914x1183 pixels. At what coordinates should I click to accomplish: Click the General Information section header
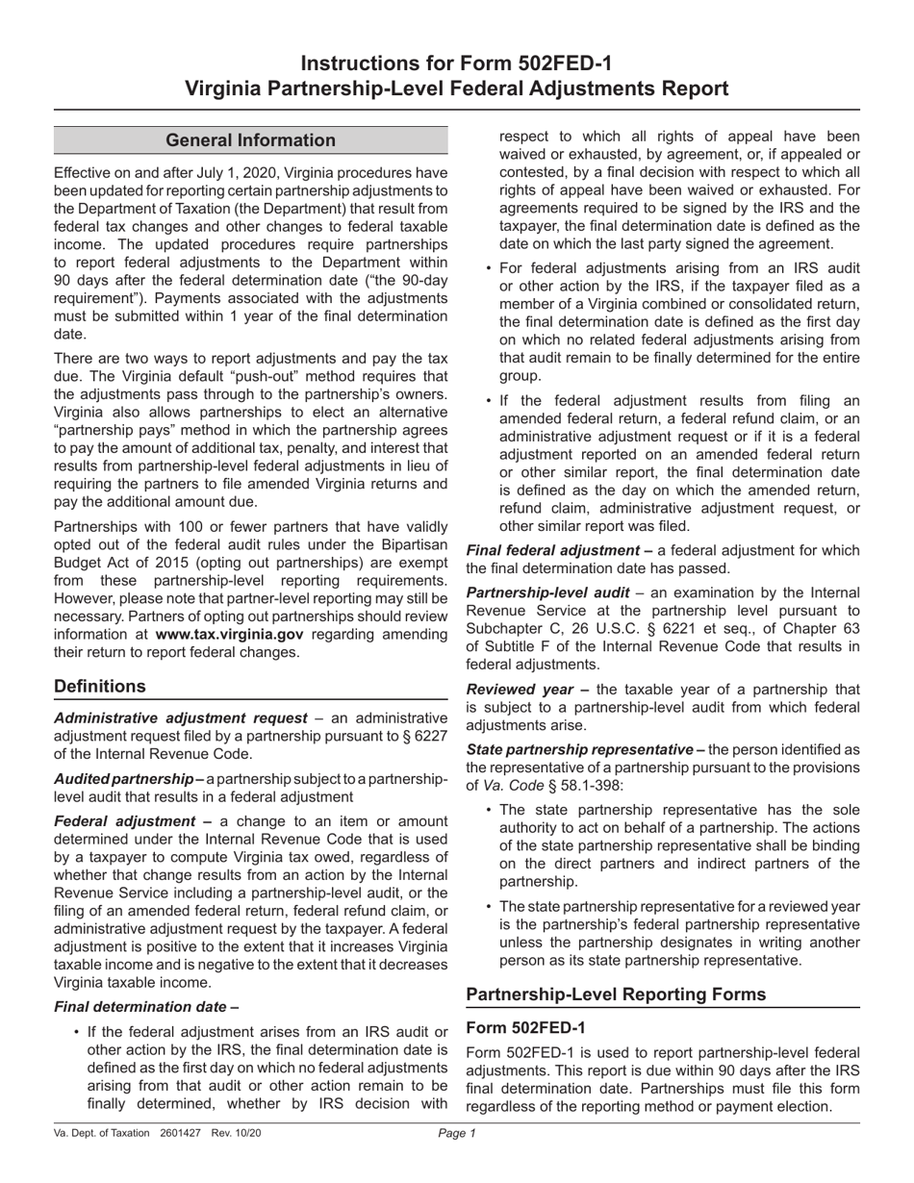251,140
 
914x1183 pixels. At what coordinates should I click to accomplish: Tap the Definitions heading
101,686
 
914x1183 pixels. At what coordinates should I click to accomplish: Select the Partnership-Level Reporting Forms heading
616,994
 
